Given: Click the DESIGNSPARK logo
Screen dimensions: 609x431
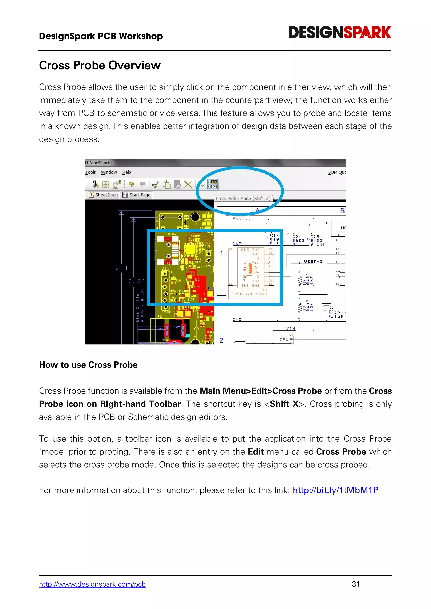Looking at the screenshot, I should pos(339,32).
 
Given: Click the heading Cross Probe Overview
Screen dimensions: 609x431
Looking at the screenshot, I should pos(100,65).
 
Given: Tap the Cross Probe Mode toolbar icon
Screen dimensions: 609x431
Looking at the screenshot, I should pos(213,184).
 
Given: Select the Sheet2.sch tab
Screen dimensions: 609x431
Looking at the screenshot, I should pos(104,195).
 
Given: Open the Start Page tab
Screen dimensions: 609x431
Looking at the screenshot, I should pos(137,195).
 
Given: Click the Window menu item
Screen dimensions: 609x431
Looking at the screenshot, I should pos(109,172).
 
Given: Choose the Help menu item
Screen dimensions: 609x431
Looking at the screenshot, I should pos(127,172).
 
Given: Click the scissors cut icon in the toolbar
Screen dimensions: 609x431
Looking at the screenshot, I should pos(156,184).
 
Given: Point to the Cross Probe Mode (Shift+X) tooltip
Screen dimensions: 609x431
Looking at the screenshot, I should pos(243,198).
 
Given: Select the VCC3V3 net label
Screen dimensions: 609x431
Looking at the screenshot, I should pos(242,218).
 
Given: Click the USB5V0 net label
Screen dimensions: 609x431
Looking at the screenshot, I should pos(313,262).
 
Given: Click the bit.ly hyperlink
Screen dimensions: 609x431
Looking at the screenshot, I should pos(335,490).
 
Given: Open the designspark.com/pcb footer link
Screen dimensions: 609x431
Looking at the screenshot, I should pos(92,584).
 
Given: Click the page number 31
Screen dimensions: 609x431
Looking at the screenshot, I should pos(356,584).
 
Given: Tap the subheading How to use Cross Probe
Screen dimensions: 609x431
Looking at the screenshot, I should pos(88,365).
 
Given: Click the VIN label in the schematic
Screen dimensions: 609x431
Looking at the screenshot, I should pos(291,329).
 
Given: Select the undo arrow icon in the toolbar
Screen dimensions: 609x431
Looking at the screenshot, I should pos(131,184).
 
